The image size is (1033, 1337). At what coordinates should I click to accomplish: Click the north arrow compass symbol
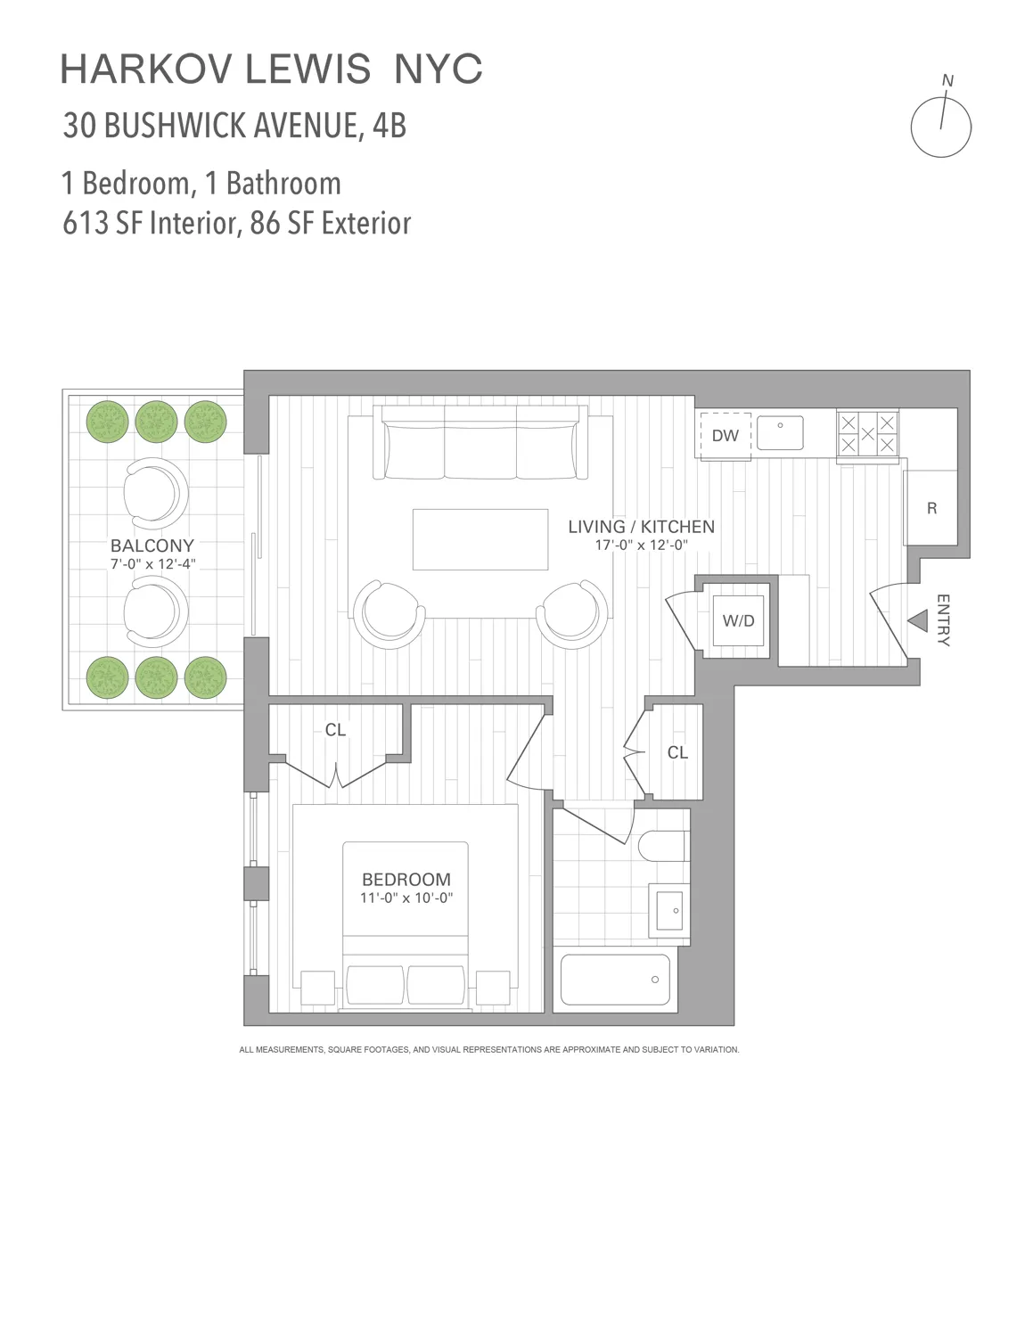tap(940, 126)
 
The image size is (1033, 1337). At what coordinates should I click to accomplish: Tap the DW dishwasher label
tap(725, 436)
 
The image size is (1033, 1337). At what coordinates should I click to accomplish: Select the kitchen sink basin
tap(780, 433)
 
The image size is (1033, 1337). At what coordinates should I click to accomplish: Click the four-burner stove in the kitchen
tap(867, 435)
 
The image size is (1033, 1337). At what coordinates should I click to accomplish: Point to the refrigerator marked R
tap(931, 508)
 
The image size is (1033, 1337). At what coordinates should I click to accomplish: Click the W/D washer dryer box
tap(738, 620)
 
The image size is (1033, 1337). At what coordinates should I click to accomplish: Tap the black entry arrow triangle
tap(916, 621)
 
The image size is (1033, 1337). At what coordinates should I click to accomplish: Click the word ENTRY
tap(943, 620)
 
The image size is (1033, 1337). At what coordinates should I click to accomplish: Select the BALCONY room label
tap(152, 545)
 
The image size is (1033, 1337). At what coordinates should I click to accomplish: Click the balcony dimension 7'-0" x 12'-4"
tap(152, 564)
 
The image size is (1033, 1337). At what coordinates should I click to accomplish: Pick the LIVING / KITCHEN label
tap(641, 527)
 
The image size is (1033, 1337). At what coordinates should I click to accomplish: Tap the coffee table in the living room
tap(480, 539)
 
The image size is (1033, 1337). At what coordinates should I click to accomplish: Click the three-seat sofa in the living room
tap(481, 444)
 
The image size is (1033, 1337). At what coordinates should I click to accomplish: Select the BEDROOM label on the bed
tap(406, 880)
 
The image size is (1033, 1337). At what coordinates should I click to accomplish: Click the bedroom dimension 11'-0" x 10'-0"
tap(406, 898)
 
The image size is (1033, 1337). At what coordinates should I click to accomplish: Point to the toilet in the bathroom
tap(663, 845)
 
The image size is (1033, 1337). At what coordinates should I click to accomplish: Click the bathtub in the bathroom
tap(615, 980)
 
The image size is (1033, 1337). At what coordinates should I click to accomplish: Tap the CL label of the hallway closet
tap(677, 753)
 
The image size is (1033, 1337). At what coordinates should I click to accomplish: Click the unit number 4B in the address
tap(389, 126)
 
